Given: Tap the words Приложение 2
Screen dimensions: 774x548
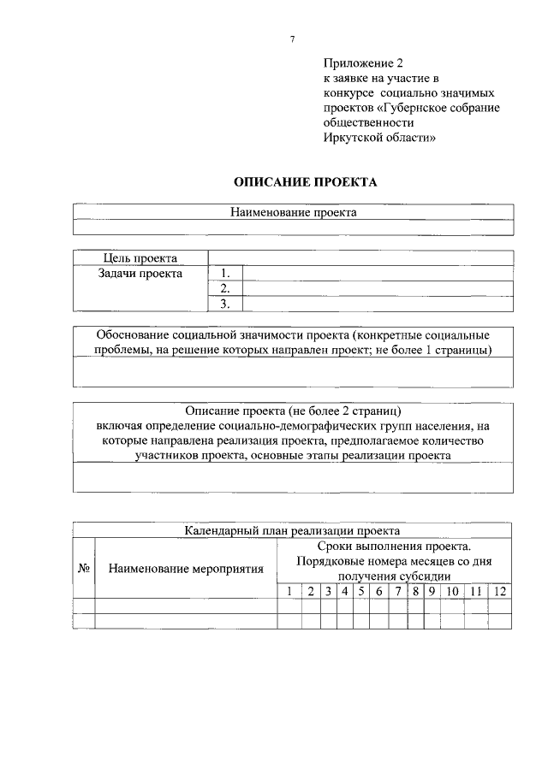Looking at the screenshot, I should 363,63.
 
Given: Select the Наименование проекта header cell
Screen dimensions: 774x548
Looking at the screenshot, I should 293,212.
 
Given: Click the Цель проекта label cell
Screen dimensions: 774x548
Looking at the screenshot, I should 140,258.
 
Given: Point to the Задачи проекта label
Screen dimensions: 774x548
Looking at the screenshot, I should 140,274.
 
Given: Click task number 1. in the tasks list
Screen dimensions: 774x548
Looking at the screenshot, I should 226,274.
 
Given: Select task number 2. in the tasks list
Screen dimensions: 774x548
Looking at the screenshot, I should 226,289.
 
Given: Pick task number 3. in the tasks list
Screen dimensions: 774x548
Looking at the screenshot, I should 226,304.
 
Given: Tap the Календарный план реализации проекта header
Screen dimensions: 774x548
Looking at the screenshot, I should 293,530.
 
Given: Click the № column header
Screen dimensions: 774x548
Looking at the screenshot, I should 84,568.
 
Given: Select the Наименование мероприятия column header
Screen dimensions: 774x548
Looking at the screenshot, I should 186,568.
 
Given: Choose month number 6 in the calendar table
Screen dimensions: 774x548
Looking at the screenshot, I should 378,591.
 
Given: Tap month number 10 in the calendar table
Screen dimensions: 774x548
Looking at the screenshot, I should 453,591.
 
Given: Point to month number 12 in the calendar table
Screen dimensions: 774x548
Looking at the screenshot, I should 500,591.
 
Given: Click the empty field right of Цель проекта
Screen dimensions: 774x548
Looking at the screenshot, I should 360,258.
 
